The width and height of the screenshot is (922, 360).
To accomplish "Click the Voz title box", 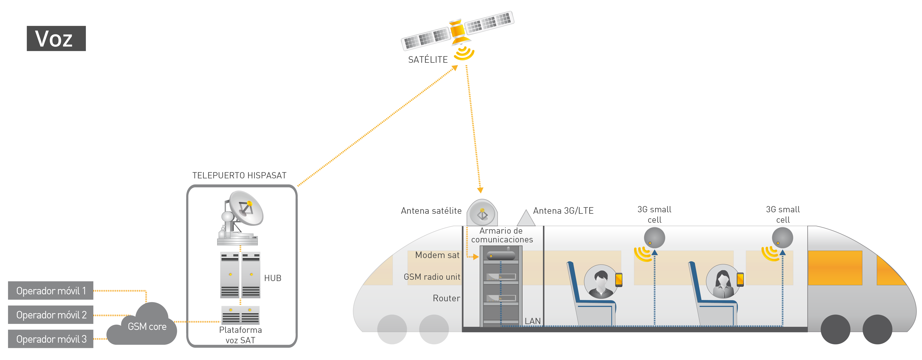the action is pos(56,38).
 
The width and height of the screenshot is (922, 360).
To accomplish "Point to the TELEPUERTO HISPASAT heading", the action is pos(239,175).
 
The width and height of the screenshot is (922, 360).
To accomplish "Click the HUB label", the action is pos(273,278).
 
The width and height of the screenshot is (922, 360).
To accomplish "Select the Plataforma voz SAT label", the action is pos(240,335).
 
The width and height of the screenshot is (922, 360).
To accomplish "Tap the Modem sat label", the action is pos(437,255).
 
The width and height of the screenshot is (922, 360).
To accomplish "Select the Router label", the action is pos(446,298).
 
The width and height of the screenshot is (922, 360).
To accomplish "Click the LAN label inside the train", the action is pos(533,321).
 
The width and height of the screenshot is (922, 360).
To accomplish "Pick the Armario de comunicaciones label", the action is pos(502,235).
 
